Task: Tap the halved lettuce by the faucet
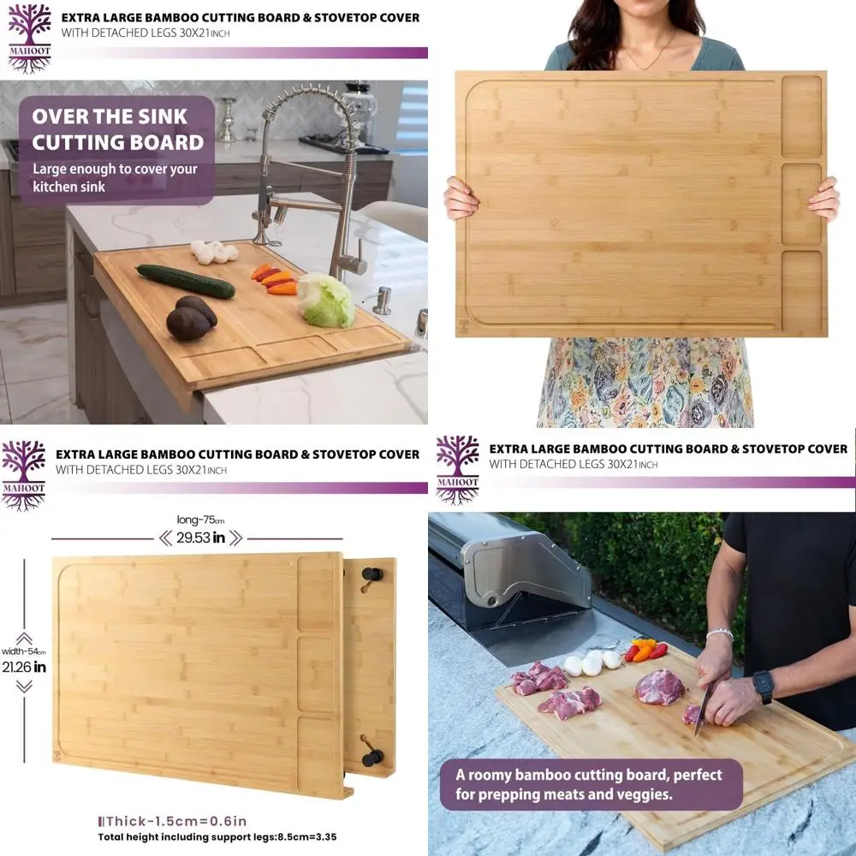coord(326,300)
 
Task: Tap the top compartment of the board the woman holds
coord(801,116)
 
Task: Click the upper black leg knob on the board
coord(370,575)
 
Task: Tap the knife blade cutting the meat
coord(702,708)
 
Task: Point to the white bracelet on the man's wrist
coord(720,633)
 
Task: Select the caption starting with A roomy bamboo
coord(590,784)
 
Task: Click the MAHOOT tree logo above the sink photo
coord(30,39)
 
